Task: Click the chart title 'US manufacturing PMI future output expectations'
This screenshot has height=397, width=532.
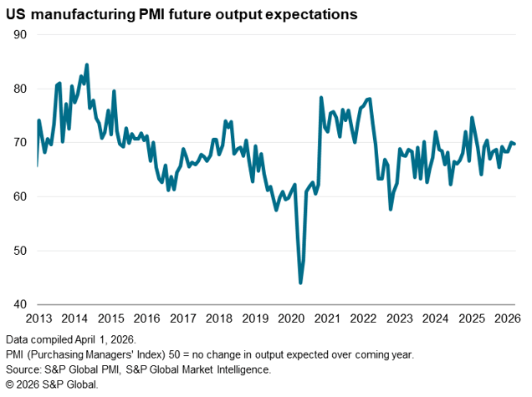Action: click(x=182, y=14)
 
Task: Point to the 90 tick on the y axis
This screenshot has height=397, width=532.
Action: click(x=21, y=34)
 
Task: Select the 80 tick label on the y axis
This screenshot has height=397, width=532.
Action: click(x=21, y=89)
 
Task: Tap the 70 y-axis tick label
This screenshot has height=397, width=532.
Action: click(x=21, y=143)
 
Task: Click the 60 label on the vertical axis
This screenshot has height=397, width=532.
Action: click(x=21, y=197)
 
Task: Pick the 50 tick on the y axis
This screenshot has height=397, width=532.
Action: click(x=21, y=251)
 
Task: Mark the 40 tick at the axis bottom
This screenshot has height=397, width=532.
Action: click(x=21, y=305)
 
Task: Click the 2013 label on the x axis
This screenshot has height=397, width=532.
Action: click(x=38, y=318)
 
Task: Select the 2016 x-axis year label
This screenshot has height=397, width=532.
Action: click(x=146, y=318)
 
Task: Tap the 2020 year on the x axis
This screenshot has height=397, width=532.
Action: click(x=290, y=318)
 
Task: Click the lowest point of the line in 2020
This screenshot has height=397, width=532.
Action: click(x=300, y=283)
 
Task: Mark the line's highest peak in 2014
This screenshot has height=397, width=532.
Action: click(x=87, y=64)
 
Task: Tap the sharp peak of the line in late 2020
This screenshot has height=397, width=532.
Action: click(x=321, y=98)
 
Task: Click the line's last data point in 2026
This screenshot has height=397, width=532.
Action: click(x=514, y=144)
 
